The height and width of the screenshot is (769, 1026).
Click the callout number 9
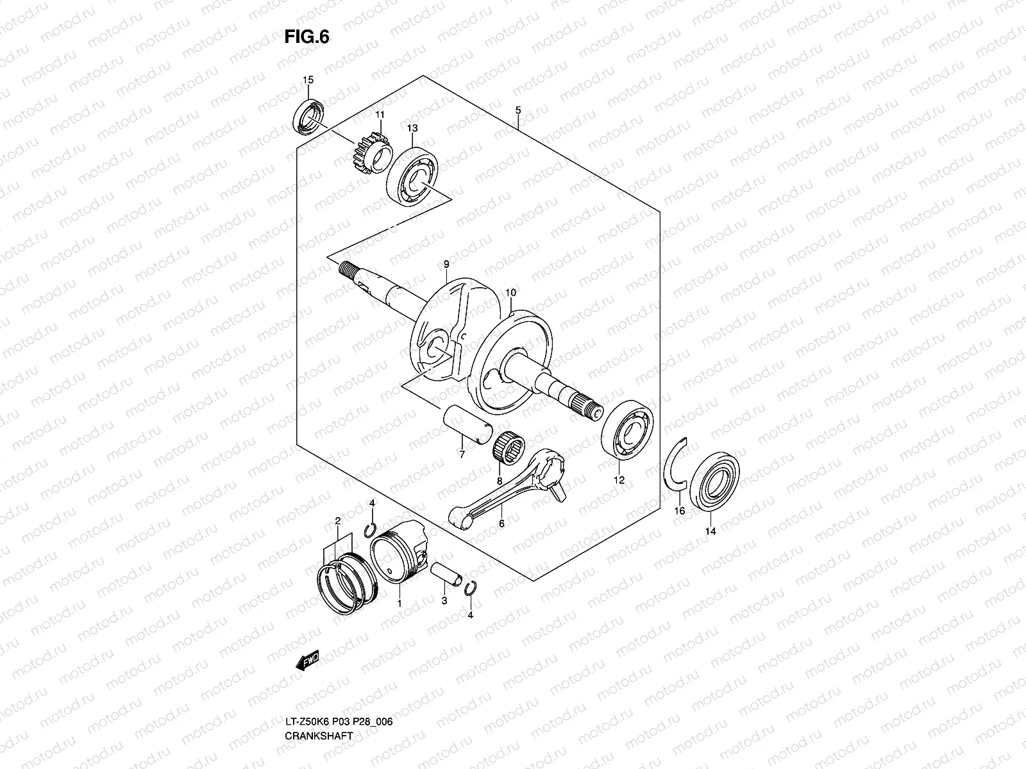pyautogui.click(x=445, y=264)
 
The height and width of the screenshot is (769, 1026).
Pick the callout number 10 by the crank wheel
pyautogui.click(x=510, y=293)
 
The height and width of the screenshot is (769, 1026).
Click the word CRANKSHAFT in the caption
pyautogui.click(x=319, y=736)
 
